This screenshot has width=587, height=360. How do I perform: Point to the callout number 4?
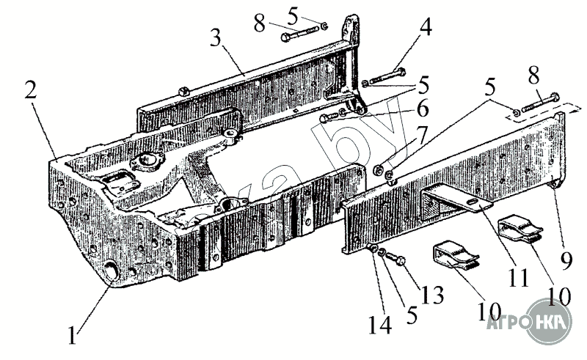[425, 29]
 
